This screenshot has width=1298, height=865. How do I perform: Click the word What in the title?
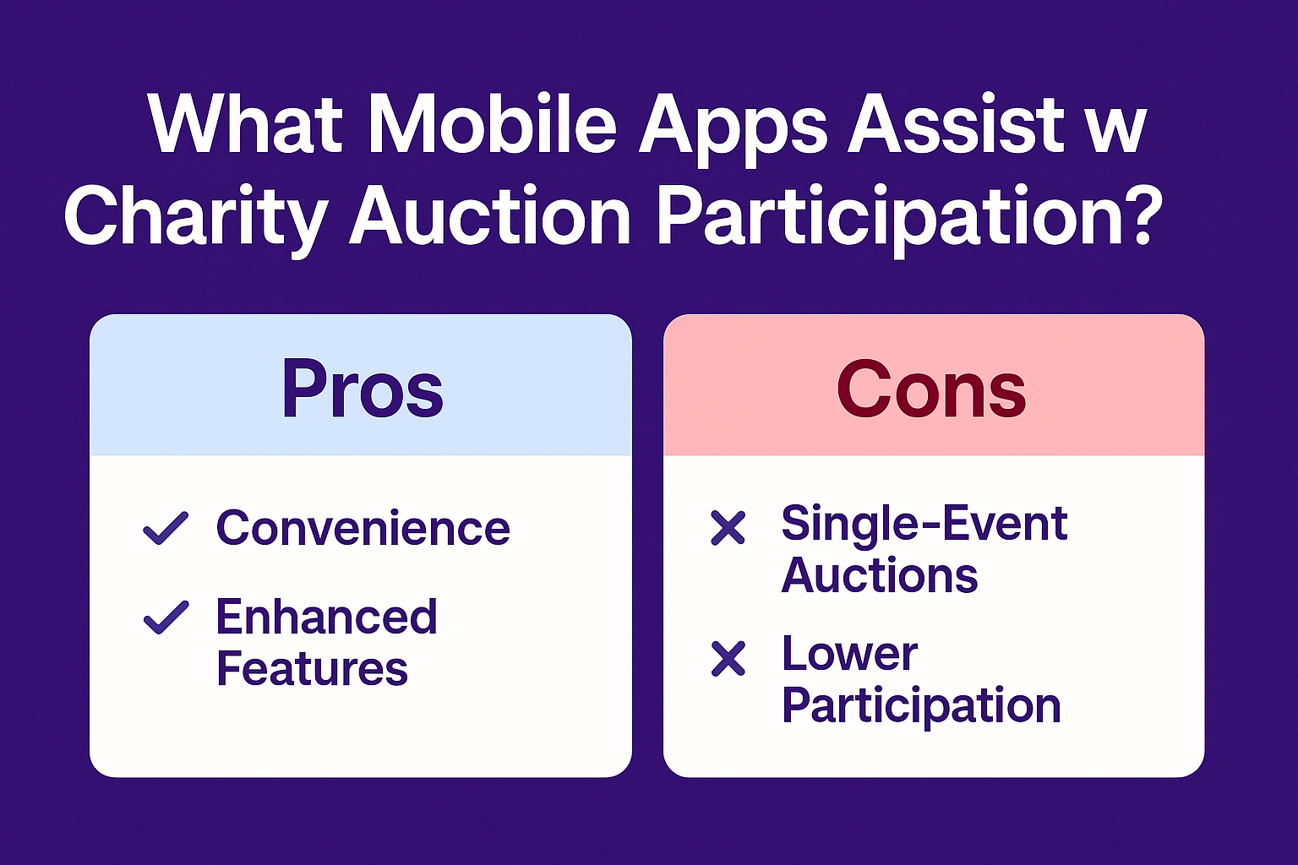(245, 125)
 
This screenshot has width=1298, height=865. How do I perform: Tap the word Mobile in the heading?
(493, 125)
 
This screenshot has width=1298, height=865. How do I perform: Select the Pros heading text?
(362, 389)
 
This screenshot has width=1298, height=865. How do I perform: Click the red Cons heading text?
(931, 389)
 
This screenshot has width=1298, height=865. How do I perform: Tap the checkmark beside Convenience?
(166, 528)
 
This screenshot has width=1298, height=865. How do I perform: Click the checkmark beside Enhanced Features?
(166, 617)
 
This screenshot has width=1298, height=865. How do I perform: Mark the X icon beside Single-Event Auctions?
(728, 528)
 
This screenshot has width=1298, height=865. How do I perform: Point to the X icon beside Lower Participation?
(728, 658)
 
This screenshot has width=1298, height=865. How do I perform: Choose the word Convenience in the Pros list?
(363, 528)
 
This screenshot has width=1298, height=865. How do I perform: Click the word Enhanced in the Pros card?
(326, 617)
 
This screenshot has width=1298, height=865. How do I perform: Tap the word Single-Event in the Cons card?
(924, 524)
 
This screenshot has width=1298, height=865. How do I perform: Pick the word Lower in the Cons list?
(849, 654)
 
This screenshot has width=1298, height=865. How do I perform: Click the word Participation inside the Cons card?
(921, 706)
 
